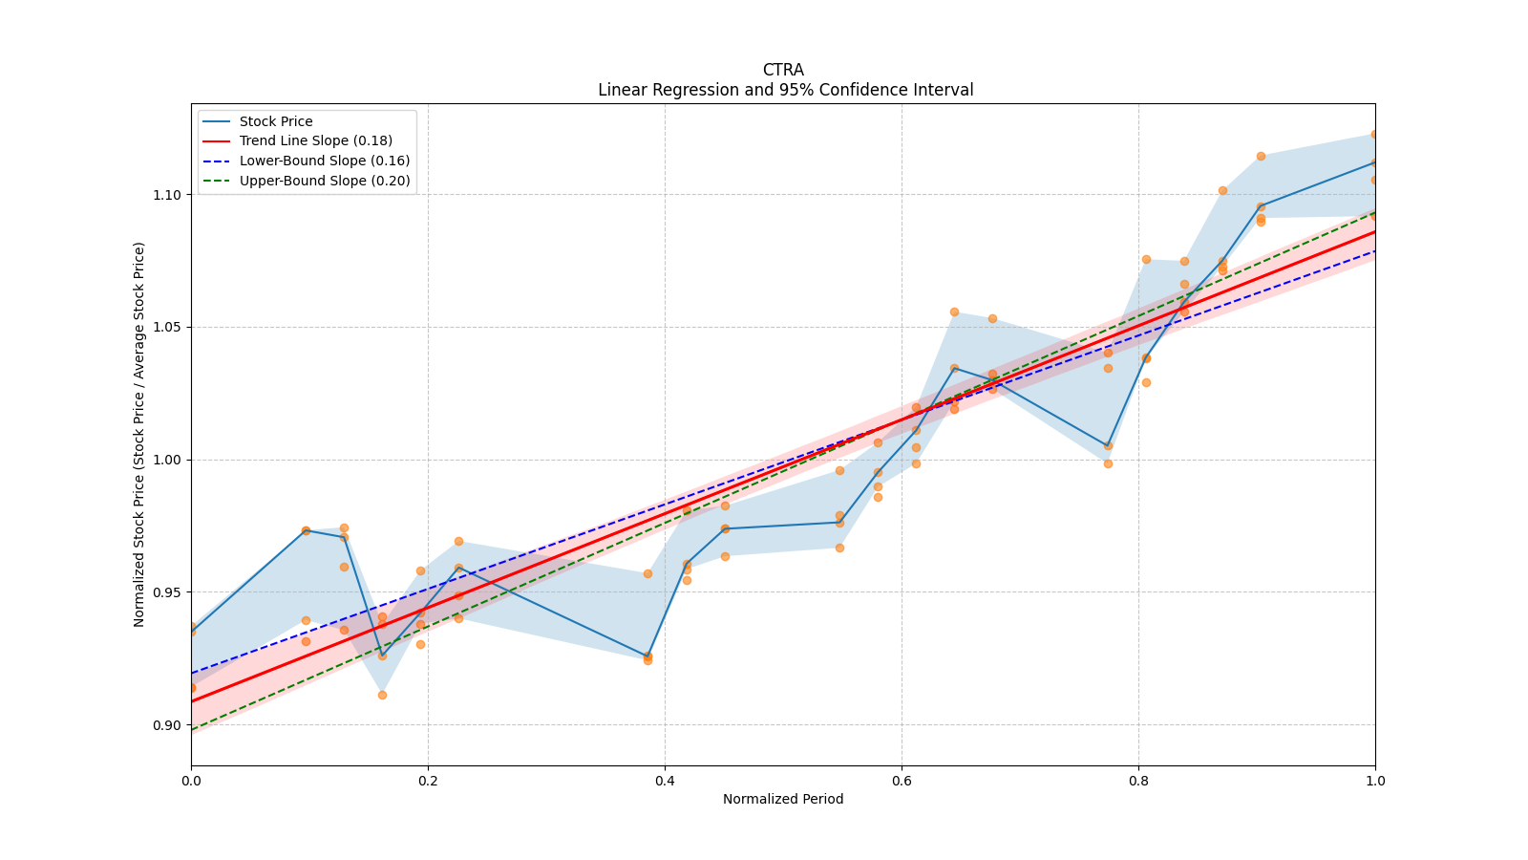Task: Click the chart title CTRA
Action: [783, 70]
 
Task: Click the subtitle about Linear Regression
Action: [785, 90]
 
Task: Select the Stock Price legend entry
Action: [276, 121]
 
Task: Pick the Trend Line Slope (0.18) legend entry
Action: [315, 140]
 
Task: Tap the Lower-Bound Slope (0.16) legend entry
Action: [324, 161]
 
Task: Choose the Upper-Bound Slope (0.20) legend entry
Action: [324, 181]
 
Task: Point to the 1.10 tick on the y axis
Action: [168, 195]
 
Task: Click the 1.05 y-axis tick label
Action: [168, 327]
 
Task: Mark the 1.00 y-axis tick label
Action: [168, 460]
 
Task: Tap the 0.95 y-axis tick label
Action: [168, 592]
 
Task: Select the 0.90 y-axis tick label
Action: [168, 725]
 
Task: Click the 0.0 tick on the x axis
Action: [191, 781]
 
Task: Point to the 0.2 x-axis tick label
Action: [428, 781]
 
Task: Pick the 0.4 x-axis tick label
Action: [665, 781]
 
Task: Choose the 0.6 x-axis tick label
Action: [902, 781]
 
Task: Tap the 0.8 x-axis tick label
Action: [1138, 781]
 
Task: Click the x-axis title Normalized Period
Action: [783, 799]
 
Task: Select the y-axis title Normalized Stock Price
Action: [139, 435]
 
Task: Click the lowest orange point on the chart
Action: [382, 695]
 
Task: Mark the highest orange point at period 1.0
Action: [1374, 135]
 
